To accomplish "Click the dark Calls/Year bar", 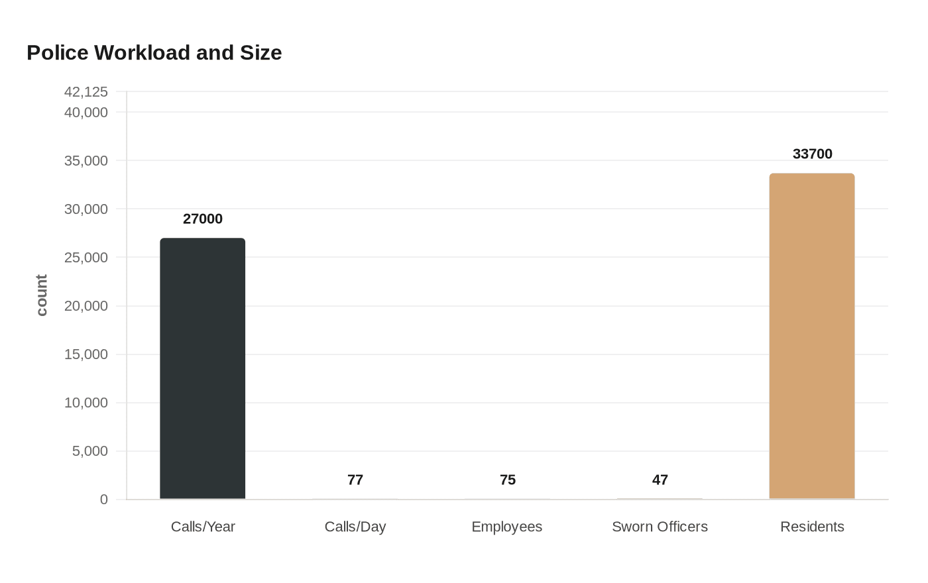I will coord(203,368).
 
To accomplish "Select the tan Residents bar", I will coord(812,336).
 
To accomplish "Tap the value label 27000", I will coord(203,219).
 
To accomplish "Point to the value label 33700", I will coord(812,154).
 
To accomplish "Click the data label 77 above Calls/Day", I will coord(355,480).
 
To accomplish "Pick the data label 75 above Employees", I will coord(508,480).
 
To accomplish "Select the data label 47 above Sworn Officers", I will coord(660,480).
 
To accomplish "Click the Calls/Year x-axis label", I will coord(203,527).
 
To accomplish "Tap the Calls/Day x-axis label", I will coord(355,527).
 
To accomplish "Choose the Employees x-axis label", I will coord(507,527).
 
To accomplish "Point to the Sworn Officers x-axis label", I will coord(660,527).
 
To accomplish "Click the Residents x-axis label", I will coord(812,527).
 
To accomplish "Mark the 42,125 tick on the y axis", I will coord(86,92).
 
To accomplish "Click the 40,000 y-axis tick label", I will coord(86,113).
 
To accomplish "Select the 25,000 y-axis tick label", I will coord(86,258).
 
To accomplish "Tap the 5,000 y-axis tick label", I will coord(90,451).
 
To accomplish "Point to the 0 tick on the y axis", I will coord(104,500).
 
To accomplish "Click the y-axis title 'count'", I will coord(42,295).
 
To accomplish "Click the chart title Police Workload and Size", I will coord(154,52).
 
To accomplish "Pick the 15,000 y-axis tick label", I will coord(86,354).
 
